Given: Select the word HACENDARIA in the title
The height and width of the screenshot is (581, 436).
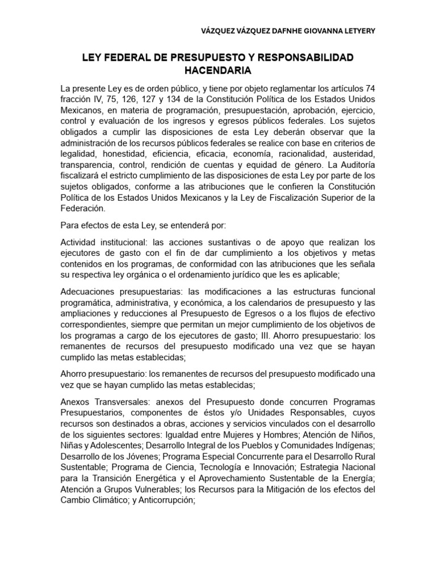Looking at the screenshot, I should (218, 70).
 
